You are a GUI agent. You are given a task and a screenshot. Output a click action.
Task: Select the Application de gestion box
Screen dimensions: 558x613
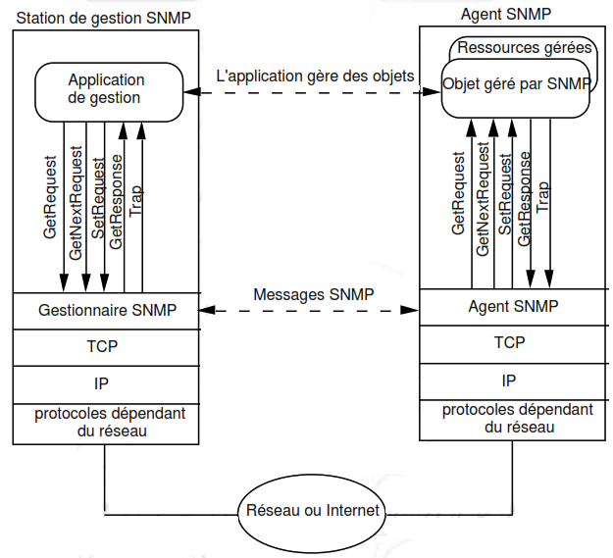point(106,89)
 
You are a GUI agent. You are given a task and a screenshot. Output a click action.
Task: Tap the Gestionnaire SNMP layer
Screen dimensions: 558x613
point(107,310)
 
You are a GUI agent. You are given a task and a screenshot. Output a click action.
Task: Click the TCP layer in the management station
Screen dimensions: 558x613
point(107,345)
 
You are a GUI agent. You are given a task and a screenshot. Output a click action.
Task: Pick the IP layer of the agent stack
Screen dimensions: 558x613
point(509,380)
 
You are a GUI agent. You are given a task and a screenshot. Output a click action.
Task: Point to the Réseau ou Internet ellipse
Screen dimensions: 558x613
point(312,511)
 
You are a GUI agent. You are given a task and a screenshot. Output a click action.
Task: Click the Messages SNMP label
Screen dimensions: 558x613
point(313,294)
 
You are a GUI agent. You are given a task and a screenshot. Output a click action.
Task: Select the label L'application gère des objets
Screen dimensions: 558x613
point(314,76)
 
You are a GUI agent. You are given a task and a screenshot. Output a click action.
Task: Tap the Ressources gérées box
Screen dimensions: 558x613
point(525,47)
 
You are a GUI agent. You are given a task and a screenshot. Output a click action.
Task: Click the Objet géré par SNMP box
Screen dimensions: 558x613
point(516,84)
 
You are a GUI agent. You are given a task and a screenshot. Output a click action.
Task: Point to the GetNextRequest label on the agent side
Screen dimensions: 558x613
point(483,200)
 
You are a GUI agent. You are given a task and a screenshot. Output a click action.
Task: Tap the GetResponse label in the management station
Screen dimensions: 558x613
point(116,201)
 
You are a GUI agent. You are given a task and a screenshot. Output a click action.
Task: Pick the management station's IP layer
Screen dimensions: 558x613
point(107,381)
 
